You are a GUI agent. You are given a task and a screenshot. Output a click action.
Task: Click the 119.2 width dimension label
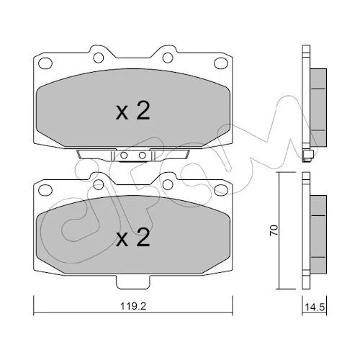coord(133,307)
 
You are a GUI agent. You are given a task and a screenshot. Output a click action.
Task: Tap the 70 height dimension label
coord(274,230)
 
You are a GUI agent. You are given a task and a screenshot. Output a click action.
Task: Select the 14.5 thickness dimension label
coord(315,307)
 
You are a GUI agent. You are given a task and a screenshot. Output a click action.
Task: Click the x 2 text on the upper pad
coord(132,111)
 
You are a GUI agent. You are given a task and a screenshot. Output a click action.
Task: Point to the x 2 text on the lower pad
coord(132,237)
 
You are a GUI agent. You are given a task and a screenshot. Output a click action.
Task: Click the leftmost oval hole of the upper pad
coord(45,63)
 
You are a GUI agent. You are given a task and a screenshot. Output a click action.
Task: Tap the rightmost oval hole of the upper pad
coord(221,63)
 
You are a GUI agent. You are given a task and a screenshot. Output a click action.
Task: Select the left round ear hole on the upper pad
coord(99,58)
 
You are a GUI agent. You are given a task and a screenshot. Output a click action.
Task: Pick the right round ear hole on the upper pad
coord(168,58)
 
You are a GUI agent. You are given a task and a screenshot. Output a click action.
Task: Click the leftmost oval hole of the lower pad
coord(45,190)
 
